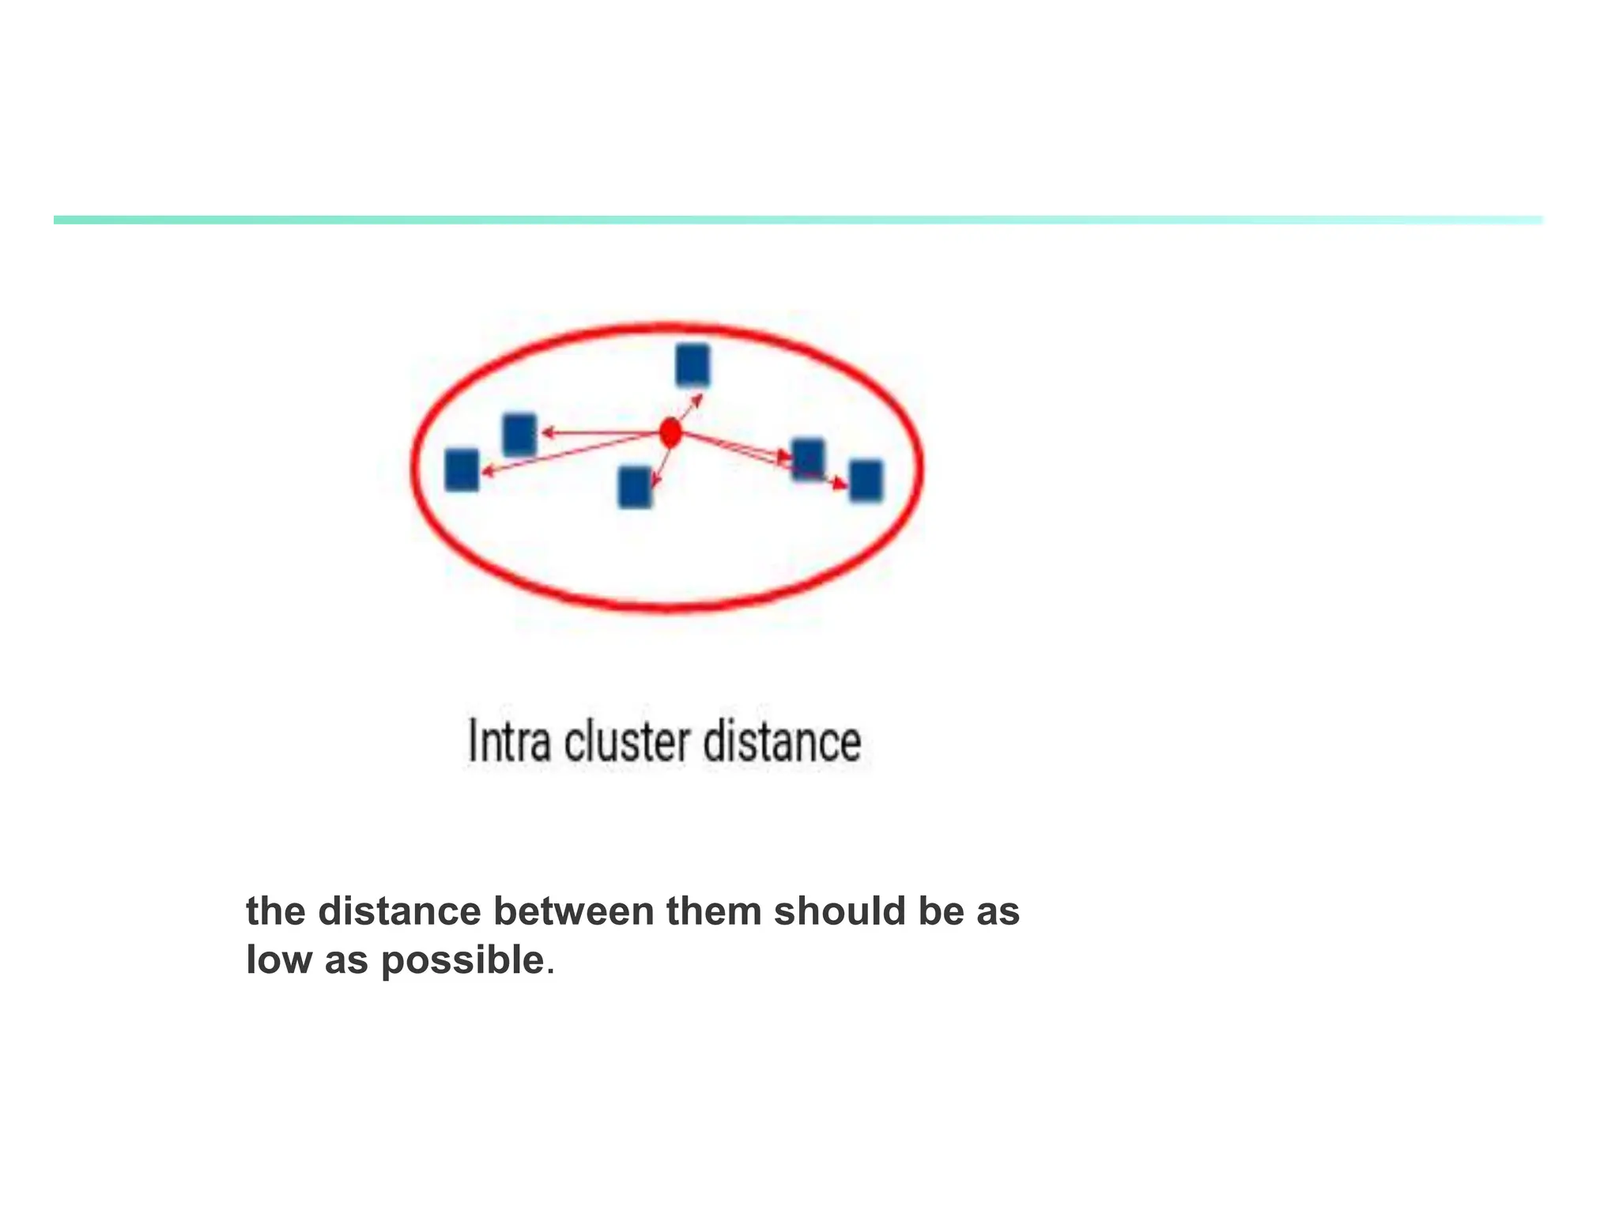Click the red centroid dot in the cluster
click(x=670, y=433)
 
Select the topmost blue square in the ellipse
click(x=693, y=365)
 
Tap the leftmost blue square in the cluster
click(x=462, y=469)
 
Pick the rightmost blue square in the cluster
click(x=866, y=481)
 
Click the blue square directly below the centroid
click(x=635, y=487)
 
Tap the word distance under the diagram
click(x=782, y=742)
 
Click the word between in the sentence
click(x=574, y=911)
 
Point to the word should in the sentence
click(x=840, y=911)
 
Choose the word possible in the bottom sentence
click(x=463, y=960)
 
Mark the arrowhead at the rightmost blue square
click(x=842, y=484)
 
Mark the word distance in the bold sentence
click(x=400, y=911)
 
